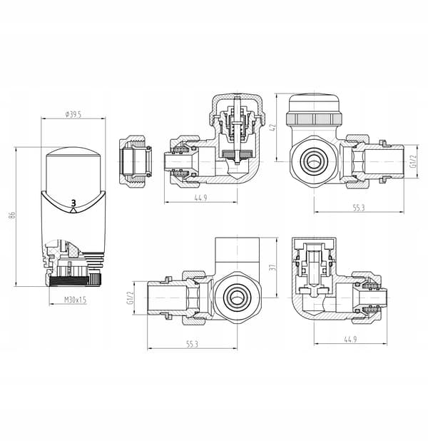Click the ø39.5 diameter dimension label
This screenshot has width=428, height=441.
click(x=73, y=114)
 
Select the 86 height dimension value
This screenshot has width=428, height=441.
click(x=12, y=216)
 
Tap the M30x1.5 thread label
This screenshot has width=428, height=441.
click(x=76, y=300)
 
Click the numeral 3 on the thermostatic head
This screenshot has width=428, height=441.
click(x=73, y=203)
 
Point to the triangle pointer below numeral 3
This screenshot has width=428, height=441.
click(x=73, y=211)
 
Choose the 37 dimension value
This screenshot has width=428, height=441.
click(x=272, y=267)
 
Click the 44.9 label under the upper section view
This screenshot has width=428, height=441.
click(x=200, y=198)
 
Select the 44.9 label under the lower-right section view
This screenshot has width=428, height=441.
click(x=350, y=339)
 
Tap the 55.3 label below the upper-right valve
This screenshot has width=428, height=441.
click(x=359, y=208)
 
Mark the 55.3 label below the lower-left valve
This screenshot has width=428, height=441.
click(x=192, y=344)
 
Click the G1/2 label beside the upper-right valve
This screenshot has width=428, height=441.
click(x=413, y=161)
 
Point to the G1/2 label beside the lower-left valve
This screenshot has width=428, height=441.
click(x=130, y=298)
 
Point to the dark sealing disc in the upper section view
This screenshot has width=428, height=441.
click(x=238, y=153)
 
